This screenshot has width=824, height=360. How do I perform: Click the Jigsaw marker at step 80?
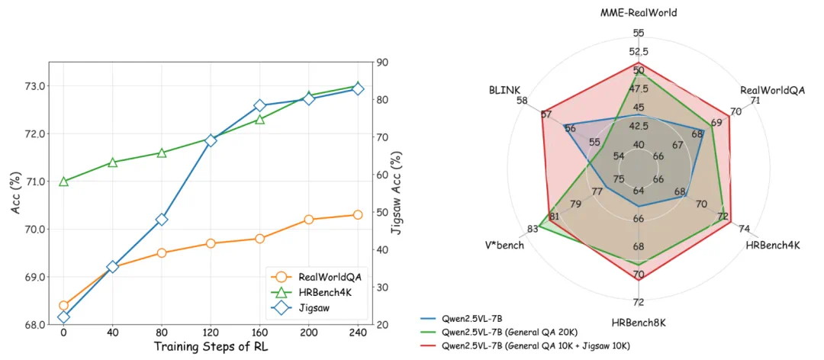[x=162, y=220]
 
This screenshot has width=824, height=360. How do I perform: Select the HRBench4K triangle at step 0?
[x=63, y=181]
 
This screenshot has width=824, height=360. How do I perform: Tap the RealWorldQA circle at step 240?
[x=358, y=215]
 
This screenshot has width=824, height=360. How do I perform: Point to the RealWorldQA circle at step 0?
[x=63, y=305]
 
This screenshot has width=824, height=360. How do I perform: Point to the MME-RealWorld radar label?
[x=638, y=13]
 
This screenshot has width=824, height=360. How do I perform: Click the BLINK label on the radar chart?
[x=504, y=89]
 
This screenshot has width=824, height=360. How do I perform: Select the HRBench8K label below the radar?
[x=638, y=322]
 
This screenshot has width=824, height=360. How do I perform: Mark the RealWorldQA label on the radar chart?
[x=772, y=90]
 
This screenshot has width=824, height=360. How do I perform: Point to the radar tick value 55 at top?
[x=638, y=33]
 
